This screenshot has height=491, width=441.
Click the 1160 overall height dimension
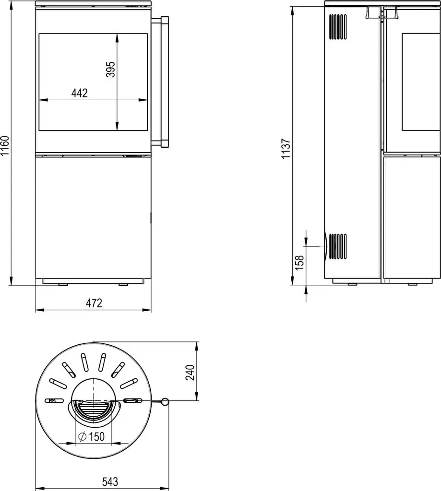[5, 146]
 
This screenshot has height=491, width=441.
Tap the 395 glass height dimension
[111, 69]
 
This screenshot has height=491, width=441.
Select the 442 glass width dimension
[80, 93]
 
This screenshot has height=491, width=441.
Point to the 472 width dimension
[94, 303]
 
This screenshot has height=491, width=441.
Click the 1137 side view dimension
[286, 149]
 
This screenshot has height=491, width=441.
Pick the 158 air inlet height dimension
[299, 263]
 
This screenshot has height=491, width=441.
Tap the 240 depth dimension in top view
[190, 372]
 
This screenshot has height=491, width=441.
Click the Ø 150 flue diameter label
[91, 436]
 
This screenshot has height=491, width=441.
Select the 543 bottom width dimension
[110, 481]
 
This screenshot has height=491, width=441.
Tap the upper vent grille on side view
[338, 27]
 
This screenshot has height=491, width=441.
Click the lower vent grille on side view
[338, 246]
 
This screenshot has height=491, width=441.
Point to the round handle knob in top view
[165, 402]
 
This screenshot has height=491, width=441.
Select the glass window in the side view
[421, 82]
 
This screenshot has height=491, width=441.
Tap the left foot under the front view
[63, 285]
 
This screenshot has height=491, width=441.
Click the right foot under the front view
[123, 285]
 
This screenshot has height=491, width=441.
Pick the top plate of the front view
[94, 3]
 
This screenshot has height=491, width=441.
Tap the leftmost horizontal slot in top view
[54, 400]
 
